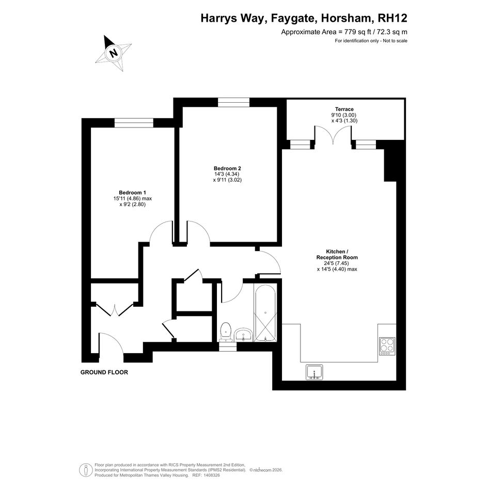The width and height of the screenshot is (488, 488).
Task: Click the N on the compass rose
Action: click(x=114, y=53)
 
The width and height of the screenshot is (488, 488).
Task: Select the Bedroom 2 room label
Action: click(x=227, y=168)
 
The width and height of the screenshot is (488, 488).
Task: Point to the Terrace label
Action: click(x=344, y=109)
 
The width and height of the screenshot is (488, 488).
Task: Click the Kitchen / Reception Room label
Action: click(x=337, y=254)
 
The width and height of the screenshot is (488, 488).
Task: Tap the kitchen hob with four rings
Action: click(x=387, y=347)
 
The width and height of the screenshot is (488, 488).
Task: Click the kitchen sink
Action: click(x=314, y=372)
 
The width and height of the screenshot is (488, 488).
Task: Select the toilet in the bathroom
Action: click(x=225, y=332)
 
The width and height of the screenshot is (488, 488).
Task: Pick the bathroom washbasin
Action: click(x=243, y=335)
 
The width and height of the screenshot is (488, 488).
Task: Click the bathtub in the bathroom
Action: click(x=265, y=312)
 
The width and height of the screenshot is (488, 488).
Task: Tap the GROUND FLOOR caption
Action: click(x=104, y=372)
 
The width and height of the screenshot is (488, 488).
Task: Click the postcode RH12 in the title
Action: click(x=392, y=18)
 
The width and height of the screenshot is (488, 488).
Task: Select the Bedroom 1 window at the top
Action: click(x=134, y=123)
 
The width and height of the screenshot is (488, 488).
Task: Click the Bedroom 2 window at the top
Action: click(x=233, y=102)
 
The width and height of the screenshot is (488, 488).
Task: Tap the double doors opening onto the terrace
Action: click(x=333, y=134)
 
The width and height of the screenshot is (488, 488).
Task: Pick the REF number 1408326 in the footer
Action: click(x=211, y=475)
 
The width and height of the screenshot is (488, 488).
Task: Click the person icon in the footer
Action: click(x=86, y=470)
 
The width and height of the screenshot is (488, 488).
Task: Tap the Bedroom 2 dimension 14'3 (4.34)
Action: click(x=226, y=175)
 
